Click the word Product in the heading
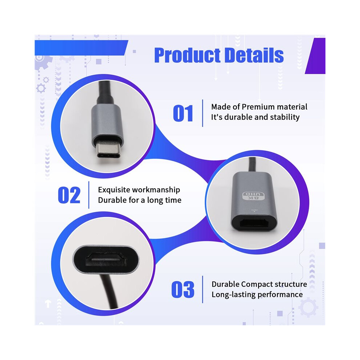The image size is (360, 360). [187, 55]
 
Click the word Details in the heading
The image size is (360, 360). [254, 55]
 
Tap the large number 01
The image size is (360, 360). [183, 113]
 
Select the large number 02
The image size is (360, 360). [69, 195]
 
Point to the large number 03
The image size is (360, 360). [183, 289]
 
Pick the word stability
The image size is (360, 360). [285, 117]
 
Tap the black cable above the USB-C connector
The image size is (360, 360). [105, 92]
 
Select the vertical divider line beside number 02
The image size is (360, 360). [89, 195]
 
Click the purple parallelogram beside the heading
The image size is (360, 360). [315, 56]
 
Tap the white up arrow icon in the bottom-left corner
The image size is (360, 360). [48, 304]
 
